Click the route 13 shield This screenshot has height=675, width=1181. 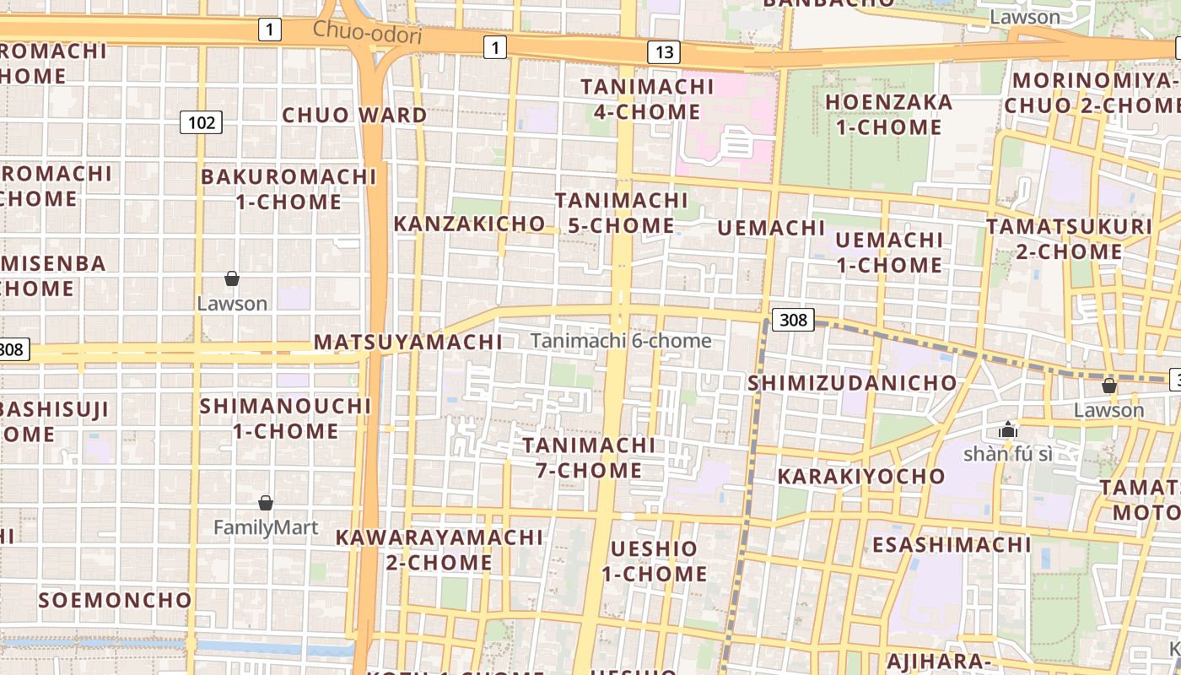(x=664, y=52)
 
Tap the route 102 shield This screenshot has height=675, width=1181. (x=201, y=123)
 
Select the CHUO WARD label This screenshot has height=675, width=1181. (x=354, y=115)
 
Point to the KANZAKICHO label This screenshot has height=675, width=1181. (x=470, y=224)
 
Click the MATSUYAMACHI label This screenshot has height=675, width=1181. (x=408, y=342)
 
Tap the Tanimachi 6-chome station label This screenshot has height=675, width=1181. (x=621, y=341)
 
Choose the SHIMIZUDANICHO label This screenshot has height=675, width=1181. (x=853, y=383)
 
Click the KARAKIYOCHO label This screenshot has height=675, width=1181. (x=861, y=476)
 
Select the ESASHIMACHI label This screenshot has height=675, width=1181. (x=952, y=544)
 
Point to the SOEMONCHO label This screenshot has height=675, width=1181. (x=116, y=600)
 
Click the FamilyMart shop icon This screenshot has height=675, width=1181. (x=266, y=503)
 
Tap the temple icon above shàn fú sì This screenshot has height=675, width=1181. (x=1008, y=430)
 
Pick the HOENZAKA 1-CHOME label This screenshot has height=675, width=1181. (x=888, y=115)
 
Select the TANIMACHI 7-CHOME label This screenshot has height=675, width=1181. (x=589, y=457)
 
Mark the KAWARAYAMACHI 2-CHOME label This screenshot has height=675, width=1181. (x=440, y=549)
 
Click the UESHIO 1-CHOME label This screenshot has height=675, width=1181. (x=654, y=561)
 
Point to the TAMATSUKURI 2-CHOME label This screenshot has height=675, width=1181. (x=1069, y=239)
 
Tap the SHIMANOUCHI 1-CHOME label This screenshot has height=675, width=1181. (x=285, y=418)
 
